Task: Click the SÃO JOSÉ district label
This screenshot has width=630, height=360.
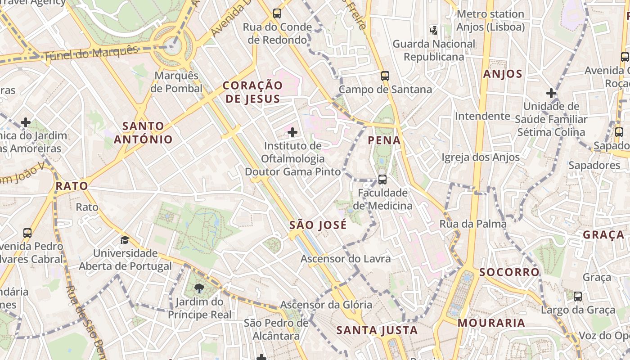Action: pyautogui.click(x=318, y=225)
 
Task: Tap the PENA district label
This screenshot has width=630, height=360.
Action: pyautogui.click(x=384, y=140)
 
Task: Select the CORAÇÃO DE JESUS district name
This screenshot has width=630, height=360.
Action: pyautogui.click(x=253, y=92)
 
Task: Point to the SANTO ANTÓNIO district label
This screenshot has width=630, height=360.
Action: pyautogui.click(x=143, y=132)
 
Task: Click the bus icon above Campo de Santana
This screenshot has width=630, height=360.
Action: pyautogui.click(x=385, y=76)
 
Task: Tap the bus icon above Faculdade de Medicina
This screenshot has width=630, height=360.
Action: pyautogui.click(x=382, y=180)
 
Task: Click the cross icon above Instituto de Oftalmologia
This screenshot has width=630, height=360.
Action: pyautogui.click(x=292, y=132)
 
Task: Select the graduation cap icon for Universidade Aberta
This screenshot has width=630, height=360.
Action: pyautogui.click(x=125, y=240)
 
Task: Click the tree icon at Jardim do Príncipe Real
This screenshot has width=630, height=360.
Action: pyautogui.click(x=199, y=288)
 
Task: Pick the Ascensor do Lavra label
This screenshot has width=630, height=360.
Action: pyautogui.click(x=346, y=259)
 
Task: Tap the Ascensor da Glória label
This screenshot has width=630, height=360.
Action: pyautogui.click(x=326, y=305)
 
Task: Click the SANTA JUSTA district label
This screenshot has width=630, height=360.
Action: pyautogui.click(x=377, y=330)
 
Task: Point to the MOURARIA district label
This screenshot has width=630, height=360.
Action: pyautogui.click(x=491, y=323)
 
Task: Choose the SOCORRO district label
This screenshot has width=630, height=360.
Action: pyautogui.click(x=509, y=272)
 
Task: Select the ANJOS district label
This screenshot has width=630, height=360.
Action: pyautogui.click(x=503, y=74)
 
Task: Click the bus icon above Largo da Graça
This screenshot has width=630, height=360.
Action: pyautogui.click(x=578, y=297)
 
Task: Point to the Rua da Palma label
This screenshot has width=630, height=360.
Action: pyautogui.click(x=473, y=224)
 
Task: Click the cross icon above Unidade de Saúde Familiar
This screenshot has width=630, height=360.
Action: pyautogui.click(x=551, y=93)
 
